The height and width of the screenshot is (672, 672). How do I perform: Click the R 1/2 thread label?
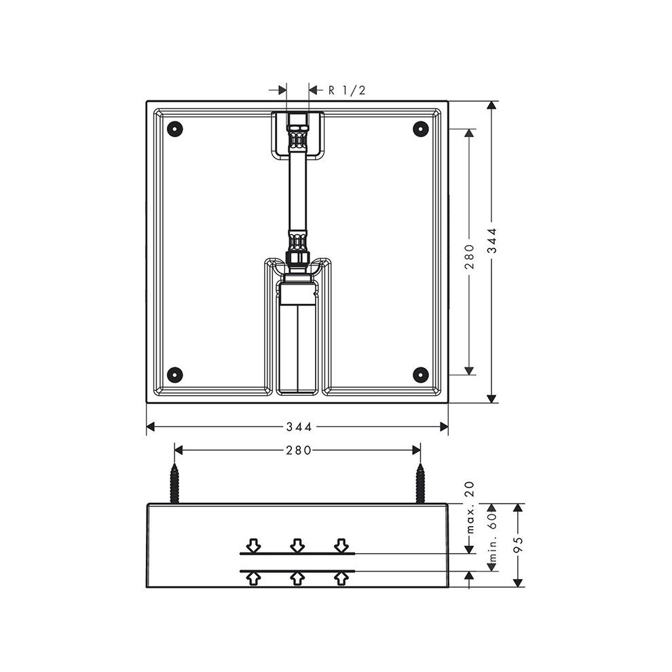[x=347, y=90]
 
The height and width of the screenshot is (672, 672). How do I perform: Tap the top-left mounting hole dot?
[x=175, y=128]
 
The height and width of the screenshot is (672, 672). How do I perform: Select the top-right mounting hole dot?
[x=421, y=128]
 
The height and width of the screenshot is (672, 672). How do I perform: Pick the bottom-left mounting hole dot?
[x=175, y=375]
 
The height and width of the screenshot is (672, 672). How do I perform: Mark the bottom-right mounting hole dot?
[x=421, y=375]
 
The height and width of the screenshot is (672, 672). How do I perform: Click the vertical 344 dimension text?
[x=493, y=240]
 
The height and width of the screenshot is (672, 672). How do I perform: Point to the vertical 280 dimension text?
[x=470, y=257]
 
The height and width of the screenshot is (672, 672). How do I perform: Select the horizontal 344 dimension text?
[x=299, y=426]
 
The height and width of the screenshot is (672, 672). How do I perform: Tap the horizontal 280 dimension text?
[x=298, y=450]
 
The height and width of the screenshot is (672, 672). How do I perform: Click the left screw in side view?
[x=174, y=483]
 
